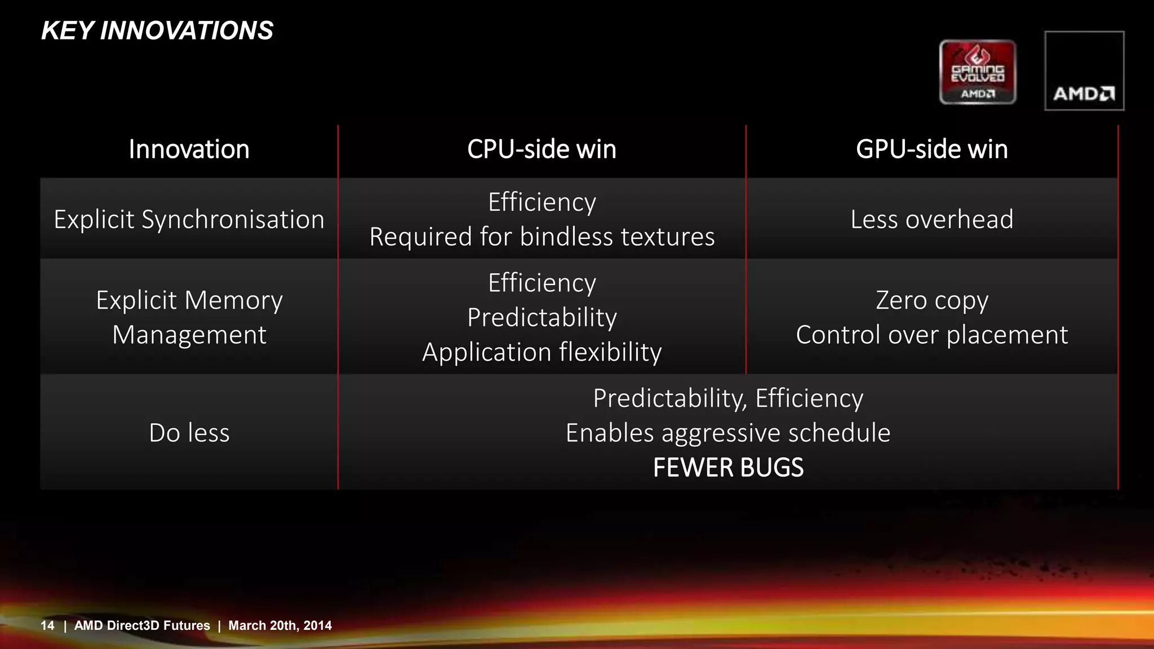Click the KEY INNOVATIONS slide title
[x=157, y=30]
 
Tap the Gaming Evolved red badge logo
[x=978, y=72]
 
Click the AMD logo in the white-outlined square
[x=1084, y=71]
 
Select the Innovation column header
[x=189, y=149]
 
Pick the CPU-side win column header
[x=542, y=149]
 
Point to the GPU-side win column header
[x=931, y=149]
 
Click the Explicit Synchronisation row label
[x=189, y=219]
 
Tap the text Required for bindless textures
[x=542, y=237]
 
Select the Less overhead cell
[x=931, y=219]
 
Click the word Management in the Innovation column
[x=189, y=335]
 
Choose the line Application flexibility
[x=542, y=352]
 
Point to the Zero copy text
[x=931, y=300]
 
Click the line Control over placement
[x=931, y=335]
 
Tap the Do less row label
[x=189, y=433]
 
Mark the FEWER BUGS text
[x=728, y=468]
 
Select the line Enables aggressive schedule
[x=728, y=433]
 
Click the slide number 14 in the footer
[x=47, y=625]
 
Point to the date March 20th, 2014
[x=279, y=625]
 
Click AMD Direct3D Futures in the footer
[x=142, y=625]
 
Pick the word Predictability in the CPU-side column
[x=542, y=317]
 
